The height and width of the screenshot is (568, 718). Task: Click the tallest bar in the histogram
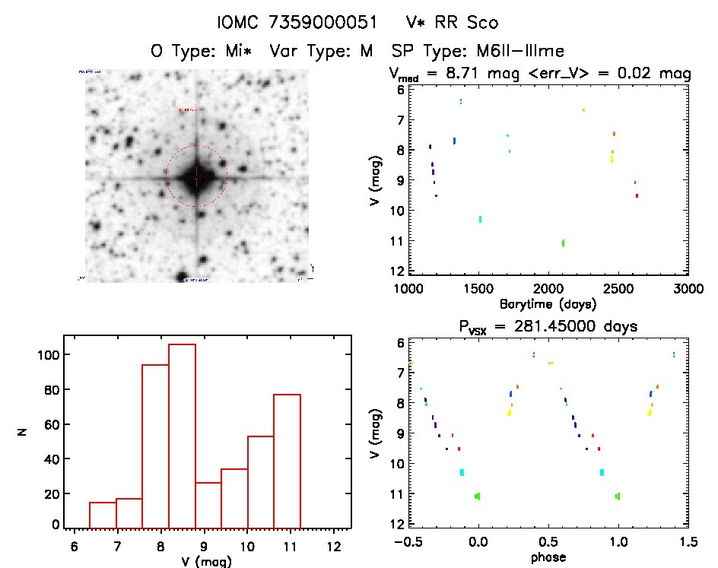click(182, 436)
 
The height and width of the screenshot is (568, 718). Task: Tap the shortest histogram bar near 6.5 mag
click(103, 514)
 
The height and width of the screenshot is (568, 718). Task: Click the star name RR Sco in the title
click(463, 23)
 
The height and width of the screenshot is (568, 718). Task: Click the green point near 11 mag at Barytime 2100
click(563, 243)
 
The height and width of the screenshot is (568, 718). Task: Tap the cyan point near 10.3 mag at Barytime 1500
click(480, 219)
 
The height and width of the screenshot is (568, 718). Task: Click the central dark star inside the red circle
click(196, 177)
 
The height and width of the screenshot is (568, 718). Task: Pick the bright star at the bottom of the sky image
click(183, 275)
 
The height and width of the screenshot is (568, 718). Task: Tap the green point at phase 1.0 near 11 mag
click(618, 496)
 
